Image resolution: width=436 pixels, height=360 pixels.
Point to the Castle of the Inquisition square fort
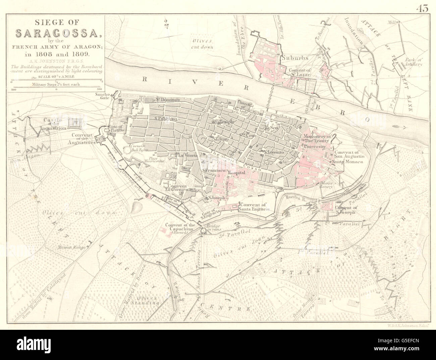point(75,123)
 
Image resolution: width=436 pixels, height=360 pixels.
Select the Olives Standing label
point(147,300)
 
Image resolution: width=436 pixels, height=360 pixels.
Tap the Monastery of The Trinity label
point(317,139)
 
